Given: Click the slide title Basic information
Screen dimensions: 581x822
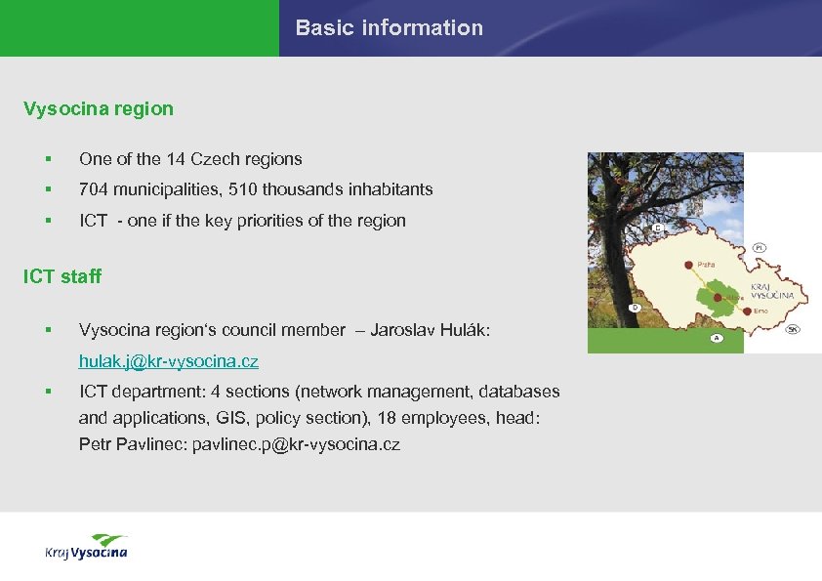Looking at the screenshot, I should click(x=389, y=28).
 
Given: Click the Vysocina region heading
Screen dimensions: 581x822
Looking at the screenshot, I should click(x=99, y=109).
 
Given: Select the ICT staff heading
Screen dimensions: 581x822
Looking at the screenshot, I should click(x=62, y=276).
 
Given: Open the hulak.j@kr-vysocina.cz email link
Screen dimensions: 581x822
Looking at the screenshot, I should click(x=169, y=361).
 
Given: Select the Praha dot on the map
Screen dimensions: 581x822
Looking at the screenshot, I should click(x=690, y=264).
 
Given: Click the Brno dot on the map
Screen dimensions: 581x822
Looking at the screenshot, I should click(x=746, y=310).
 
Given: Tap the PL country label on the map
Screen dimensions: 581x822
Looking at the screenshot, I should click(x=759, y=249).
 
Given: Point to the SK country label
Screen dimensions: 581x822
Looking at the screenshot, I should click(x=793, y=329).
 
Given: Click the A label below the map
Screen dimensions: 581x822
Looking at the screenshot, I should click(x=716, y=338).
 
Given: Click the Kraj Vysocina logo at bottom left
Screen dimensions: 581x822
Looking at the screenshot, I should click(x=86, y=548).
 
